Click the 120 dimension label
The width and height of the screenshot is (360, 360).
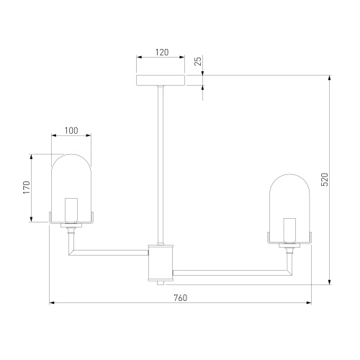(x=162, y=52)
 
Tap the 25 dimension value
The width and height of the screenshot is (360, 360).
(x=198, y=60)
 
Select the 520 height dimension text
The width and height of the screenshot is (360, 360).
(x=325, y=179)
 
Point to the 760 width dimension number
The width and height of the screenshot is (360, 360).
(x=180, y=297)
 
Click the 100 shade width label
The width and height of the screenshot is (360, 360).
(x=71, y=130)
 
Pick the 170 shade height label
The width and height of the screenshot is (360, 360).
(x=27, y=188)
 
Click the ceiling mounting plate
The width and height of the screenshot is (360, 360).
(x=161, y=81)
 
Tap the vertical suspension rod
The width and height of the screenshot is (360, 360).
(x=161, y=166)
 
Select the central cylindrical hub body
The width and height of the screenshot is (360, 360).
(x=161, y=263)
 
